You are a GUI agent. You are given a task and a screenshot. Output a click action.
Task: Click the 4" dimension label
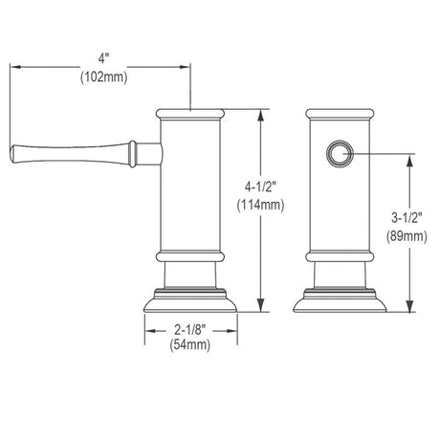tap(103, 58)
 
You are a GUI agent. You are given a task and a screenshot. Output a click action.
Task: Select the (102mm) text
tap(103, 77)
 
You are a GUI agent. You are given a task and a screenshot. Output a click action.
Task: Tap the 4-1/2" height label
tap(260, 187)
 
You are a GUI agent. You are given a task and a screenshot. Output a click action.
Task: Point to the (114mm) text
tap(260, 205)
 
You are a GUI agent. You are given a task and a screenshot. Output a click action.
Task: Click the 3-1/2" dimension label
tap(407, 218)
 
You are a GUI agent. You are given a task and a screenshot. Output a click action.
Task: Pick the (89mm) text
tap(407, 236)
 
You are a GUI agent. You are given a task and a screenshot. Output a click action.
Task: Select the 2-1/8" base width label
tap(190, 329)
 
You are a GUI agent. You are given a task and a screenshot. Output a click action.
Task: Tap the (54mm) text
tap(190, 344)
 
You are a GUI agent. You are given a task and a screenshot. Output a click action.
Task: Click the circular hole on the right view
tap(340, 153)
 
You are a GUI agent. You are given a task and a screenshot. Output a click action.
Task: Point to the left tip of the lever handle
tap(11, 154)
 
